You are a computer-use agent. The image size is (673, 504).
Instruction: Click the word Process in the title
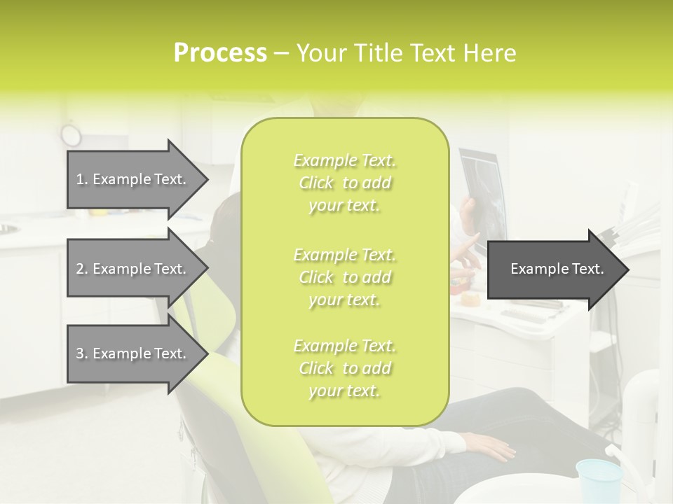pyautogui.click(x=220, y=53)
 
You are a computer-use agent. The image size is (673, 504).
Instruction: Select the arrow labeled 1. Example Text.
pyautogui.click(x=133, y=179)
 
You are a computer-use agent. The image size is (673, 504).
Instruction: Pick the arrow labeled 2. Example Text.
pyautogui.click(x=133, y=269)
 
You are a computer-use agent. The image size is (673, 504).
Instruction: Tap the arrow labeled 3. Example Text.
pyautogui.click(x=133, y=353)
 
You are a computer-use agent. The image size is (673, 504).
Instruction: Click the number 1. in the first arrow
pyautogui.click(x=82, y=179)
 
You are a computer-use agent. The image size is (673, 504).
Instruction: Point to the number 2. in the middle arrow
pyautogui.click(x=82, y=269)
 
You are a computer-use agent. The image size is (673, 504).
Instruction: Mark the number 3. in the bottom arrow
pyautogui.click(x=82, y=353)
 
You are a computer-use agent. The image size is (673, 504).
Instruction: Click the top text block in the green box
pyautogui.click(x=344, y=183)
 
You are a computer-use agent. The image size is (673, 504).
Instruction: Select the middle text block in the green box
pyautogui.click(x=344, y=276)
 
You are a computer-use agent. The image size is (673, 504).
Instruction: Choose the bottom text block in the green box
pyautogui.click(x=344, y=367)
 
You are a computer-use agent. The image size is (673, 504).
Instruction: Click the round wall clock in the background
pyautogui.click(x=71, y=133)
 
